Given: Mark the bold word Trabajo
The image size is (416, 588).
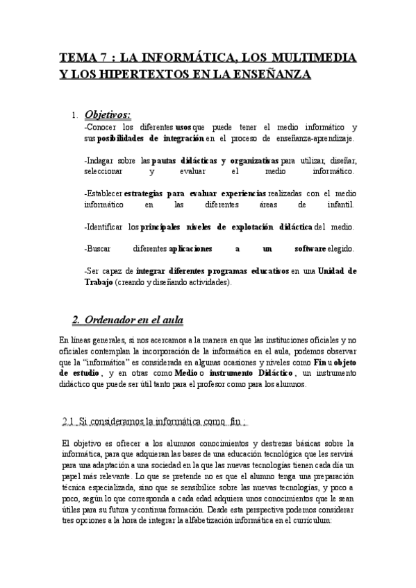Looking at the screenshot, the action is click(98, 282).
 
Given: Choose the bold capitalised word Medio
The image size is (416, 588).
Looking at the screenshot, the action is click(188, 373).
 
